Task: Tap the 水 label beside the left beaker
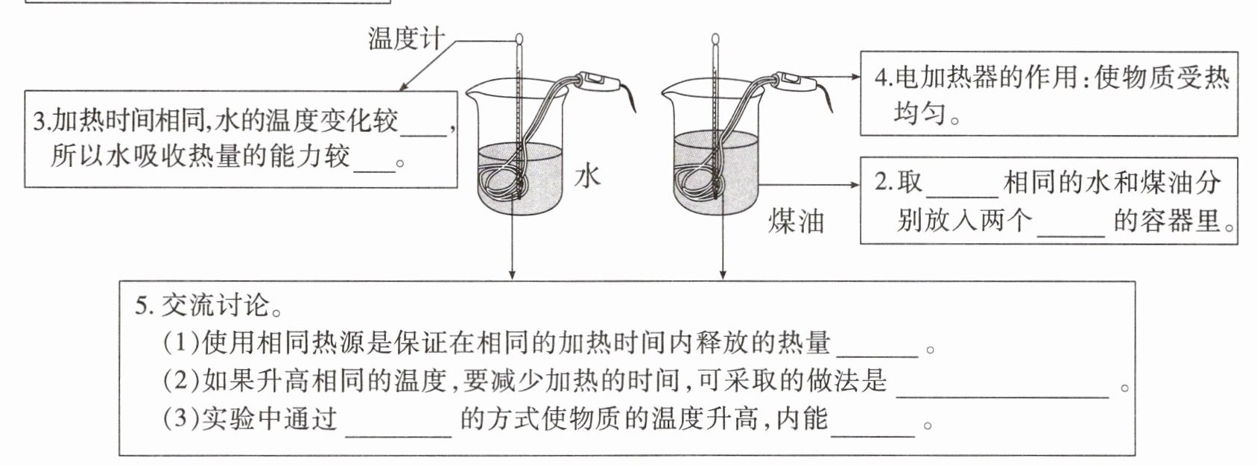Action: [x=587, y=177]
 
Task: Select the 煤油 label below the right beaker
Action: [x=796, y=221]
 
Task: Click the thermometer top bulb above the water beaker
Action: [x=519, y=37]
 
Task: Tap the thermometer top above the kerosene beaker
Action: [x=715, y=37]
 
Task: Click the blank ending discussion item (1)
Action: [x=878, y=346]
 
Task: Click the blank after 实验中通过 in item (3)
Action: [x=399, y=423]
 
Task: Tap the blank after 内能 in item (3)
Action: [x=873, y=423]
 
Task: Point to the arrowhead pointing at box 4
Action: [x=855, y=76]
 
